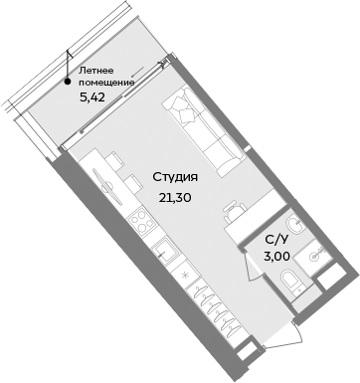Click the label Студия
(175, 177)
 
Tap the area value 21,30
(175, 196)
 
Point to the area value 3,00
(277, 257)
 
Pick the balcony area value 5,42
(93, 97)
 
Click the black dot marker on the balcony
(67, 82)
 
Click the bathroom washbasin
(316, 256)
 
